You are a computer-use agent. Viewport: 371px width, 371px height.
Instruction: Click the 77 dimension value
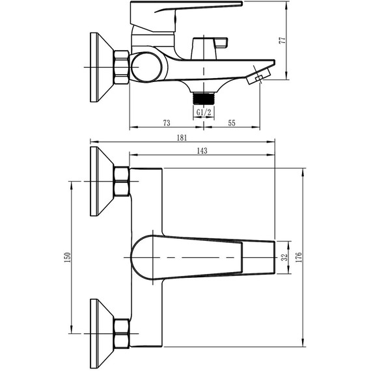pyautogui.click(x=282, y=40)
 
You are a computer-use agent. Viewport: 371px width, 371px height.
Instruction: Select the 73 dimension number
pyautogui.click(x=167, y=122)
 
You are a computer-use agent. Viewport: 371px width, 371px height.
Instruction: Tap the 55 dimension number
pyautogui.click(x=232, y=122)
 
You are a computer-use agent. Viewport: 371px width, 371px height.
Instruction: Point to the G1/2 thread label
pyautogui.click(x=203, y=113)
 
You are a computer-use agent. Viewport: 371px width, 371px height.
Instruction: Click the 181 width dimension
pyautogui.click(x=182, y=137)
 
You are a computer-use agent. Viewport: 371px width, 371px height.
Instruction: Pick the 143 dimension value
pyautogui.click(x=201, y=151)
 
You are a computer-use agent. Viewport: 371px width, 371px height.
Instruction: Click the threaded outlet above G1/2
pyautogui.click(x=203, y=98)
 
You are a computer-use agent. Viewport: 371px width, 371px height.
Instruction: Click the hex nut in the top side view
pyautogui.click(x=122, y=66)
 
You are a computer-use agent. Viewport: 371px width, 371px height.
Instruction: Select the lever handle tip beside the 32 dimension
pyautogui.click(x=258, y=257)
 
